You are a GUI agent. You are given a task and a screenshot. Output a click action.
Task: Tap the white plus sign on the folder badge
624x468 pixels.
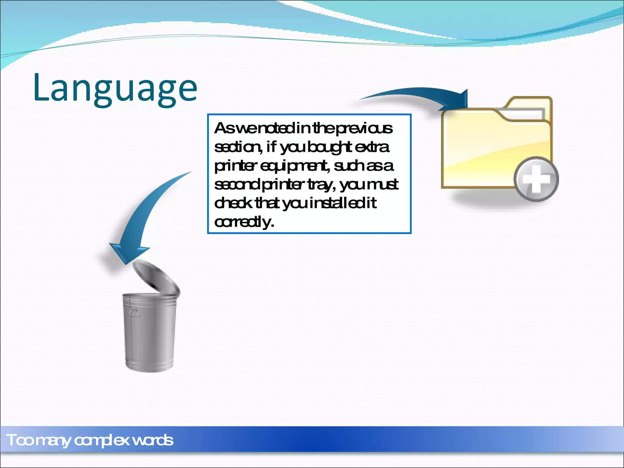[x=536, y=179]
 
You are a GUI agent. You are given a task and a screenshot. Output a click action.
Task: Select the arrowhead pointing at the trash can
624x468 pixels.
[x=128, y=253]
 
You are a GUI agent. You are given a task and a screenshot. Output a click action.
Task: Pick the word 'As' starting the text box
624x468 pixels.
[x=225, y=128]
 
